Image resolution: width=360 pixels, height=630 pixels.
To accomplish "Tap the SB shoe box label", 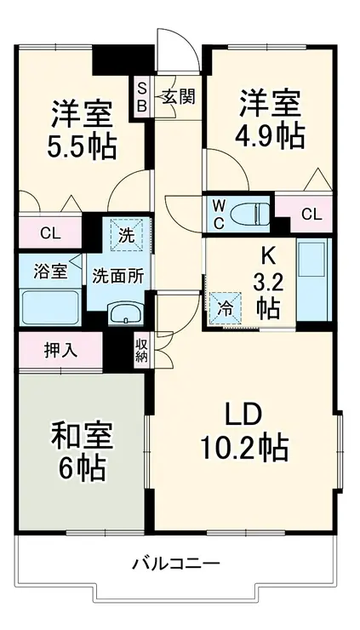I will (x=142, y=96).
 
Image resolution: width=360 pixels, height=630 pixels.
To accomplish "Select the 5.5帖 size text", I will (x=82, y=146).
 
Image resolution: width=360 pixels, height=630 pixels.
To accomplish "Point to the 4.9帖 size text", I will (x=270, y=135).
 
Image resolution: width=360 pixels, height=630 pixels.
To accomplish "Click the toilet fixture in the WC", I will (x=251, y=213).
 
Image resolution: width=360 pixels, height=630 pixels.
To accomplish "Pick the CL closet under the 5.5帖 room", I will (x=50, y=232).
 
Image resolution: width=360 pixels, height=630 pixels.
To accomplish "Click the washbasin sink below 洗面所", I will (x=126, y=313).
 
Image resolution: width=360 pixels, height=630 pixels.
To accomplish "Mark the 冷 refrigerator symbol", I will (x=226, y=307).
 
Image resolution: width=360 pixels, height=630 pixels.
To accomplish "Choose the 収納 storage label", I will (x=141, y=350).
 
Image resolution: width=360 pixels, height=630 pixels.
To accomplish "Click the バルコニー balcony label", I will (x=176, y=564).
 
